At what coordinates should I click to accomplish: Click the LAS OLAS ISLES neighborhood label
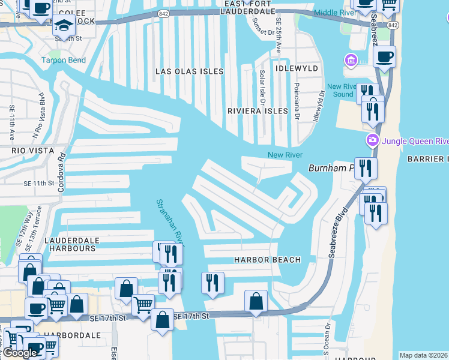tap(189, 71)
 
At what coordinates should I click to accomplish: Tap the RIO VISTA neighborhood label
tap(32, 151)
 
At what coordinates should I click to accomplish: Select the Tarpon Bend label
tap(63, 60)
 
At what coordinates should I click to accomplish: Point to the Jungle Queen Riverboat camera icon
tap(372, 141)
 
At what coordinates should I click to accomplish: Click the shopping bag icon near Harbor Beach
tap(256, 301)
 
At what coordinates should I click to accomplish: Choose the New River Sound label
tap(343, 91)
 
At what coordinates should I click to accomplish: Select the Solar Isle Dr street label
tap(262, 86)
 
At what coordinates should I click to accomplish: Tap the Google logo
tap(19, 353)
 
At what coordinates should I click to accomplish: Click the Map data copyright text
tap(424, 355)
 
